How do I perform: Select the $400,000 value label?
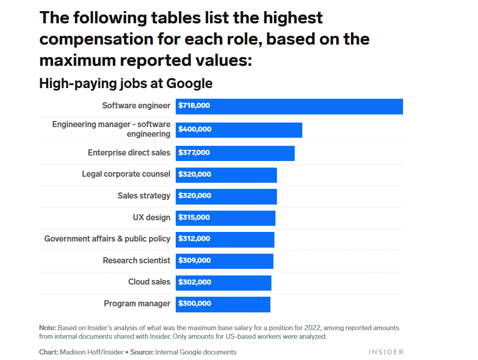click(x=195, y=130)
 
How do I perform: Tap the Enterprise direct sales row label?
click(x=129, y=152)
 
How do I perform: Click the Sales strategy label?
click(x=144, y=195)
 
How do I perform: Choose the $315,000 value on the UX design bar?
click(x=194, y=218)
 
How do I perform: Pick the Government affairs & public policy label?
click(x=107, y=238)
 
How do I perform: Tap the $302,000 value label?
click(x=194, y=283)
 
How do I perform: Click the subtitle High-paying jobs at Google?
click(x=126, y=84)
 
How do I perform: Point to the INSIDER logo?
click(x=386, y=352)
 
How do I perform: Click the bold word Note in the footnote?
click(x=48, y=328)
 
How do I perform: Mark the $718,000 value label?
click(x=194, y=106)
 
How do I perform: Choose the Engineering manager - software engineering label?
click(x=111, y=129)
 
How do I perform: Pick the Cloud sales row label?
click(x=149, y=282)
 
